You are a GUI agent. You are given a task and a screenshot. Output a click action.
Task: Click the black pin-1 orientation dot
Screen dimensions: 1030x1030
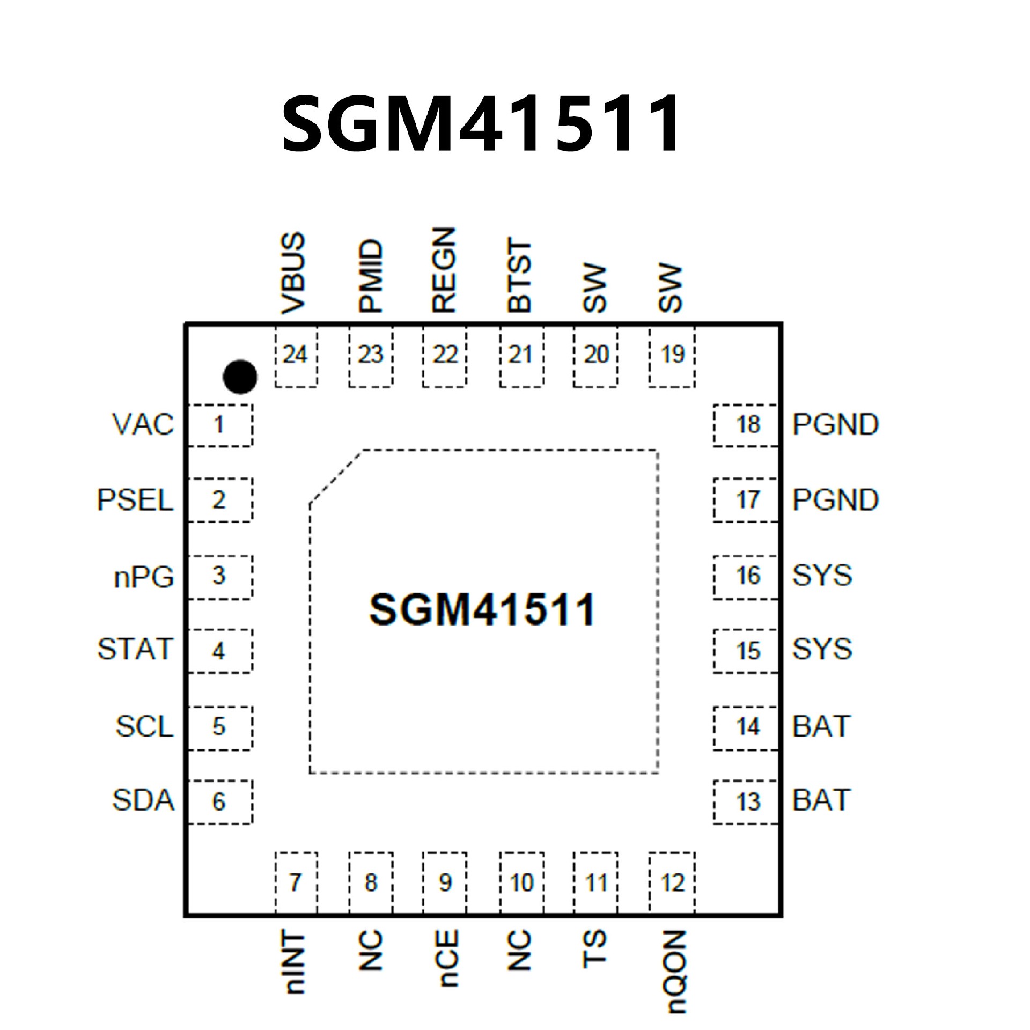pos(240,376)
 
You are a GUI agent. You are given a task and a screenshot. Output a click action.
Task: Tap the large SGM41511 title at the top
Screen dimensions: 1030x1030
pos(481,124)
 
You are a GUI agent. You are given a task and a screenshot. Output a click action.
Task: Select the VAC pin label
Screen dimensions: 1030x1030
pos(143,424)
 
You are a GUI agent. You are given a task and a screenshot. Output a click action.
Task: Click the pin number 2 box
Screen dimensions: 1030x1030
pos(219,500)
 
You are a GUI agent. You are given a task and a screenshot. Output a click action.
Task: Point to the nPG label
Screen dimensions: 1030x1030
pos(144,577)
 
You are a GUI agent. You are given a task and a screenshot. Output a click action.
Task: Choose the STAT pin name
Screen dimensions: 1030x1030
pos(136,649)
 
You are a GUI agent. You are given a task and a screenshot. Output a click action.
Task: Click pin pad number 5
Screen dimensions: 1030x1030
pos(219,726)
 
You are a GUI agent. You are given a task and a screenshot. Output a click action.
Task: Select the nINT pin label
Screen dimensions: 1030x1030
pos(295,962)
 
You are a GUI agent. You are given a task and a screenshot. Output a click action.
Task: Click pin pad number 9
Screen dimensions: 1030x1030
pos(445,882)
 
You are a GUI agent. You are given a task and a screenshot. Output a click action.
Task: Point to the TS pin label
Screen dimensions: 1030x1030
pos(594,950)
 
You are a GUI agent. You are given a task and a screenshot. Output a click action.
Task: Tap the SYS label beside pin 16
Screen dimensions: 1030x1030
pos(822,576)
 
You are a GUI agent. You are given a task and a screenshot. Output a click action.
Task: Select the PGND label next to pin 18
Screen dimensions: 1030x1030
pos(835,424)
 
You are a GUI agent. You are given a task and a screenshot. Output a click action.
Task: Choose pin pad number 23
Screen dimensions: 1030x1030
pos(371,355)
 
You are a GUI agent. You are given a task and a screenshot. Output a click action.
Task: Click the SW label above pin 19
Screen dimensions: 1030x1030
pos(671,288)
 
